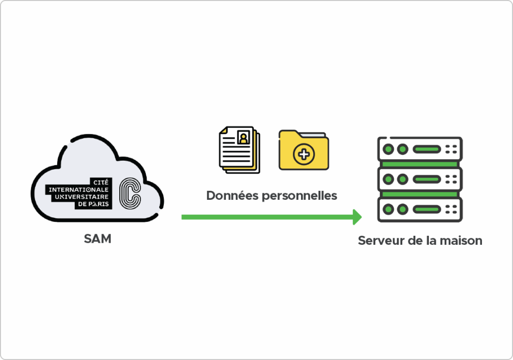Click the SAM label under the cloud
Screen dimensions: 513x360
[x=98, y=239]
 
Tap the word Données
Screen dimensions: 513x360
[x=232, y=196]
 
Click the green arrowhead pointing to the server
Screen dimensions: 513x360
[x=357, y=217]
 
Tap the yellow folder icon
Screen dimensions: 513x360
[x=304, y=150]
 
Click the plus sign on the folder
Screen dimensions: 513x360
[x=304, y=154]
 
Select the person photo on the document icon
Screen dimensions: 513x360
[x=243, y=137]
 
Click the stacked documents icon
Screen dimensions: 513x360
[x=239, y=150]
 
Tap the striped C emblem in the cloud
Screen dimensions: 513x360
[x=130, y=193]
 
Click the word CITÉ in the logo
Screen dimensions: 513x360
[x=101, y=182]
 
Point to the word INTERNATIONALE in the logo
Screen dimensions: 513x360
[x=79, y=190]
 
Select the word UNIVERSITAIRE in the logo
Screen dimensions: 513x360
[x=82, y=197]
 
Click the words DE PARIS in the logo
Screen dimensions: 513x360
[x=93, y=204]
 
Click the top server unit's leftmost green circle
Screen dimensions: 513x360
[x=388, y=149]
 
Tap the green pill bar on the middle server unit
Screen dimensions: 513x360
[x=427, y=179]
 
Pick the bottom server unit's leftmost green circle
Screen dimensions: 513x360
[x=388, y=209]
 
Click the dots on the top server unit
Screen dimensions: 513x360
[x=451, y=149]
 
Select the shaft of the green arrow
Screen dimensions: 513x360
[x=268, y=217]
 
